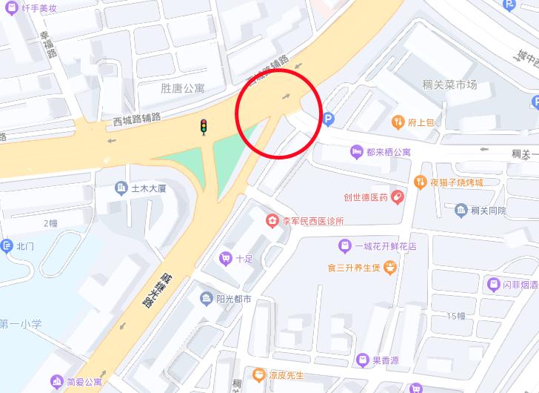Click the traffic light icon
pos(203,127)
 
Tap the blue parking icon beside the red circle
pos(329,118)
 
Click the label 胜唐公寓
pos(182,88)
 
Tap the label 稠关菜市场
pos(449,85)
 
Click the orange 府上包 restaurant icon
pos(398,122)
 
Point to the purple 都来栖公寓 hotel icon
pos(356,152)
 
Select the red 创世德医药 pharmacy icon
pos(398,197)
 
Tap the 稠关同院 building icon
pos(461,211)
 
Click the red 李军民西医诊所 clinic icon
pos(272,221)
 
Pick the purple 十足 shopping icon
pos(225,259)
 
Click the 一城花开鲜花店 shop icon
pos(344,245)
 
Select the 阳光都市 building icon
pos(206,299)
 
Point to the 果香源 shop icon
pos(363,360)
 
